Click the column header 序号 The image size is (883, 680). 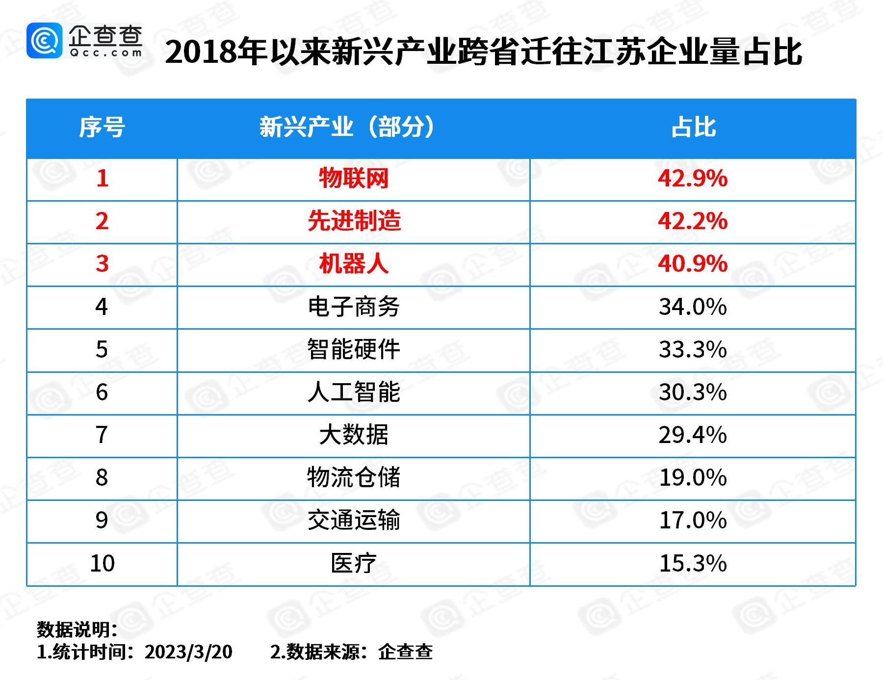click(102, 128)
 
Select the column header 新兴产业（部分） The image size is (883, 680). click(347, 128)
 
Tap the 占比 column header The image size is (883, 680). click(693, 128)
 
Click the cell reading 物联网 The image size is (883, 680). click(354, 178)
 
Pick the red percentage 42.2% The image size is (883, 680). click(692, 221)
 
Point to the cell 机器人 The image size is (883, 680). click(354, 264)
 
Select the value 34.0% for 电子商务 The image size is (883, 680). click(692, 307)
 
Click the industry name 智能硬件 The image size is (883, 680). click(354, 349)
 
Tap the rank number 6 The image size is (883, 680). click(102, 392)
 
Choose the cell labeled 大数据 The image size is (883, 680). click(354, 435)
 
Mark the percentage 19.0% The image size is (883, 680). click(692, 477)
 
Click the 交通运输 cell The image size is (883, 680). click(354, 520)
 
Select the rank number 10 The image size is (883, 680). click(102, 563)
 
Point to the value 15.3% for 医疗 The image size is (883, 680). click(692, 563)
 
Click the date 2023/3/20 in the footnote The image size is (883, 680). click(188, 652)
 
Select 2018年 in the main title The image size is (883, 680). click(216, 52)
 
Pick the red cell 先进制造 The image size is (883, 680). click(354, 221)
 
